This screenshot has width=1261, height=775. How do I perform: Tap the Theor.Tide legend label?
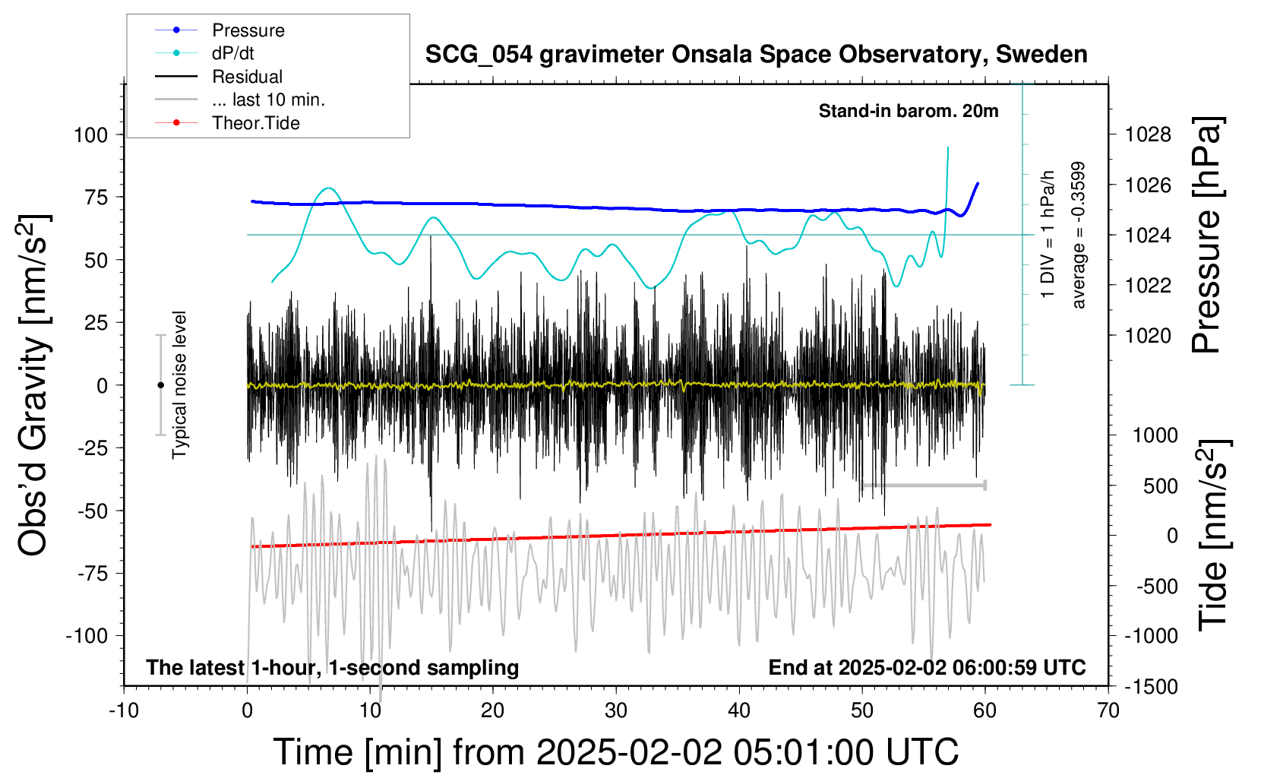[255, 123]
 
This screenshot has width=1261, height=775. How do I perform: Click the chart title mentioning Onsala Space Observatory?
[756, 54]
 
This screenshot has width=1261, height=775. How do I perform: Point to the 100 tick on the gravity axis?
[91, 135]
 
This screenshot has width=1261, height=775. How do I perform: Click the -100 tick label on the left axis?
[87, 636]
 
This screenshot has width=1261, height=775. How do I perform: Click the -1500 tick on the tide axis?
[1151, 687]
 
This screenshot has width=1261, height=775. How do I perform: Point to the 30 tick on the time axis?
[616, 710]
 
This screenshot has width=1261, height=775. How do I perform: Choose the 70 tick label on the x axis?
[1108, 710]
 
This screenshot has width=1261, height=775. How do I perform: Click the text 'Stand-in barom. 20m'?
[909, 111]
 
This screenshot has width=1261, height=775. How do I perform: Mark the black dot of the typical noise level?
[160, 385]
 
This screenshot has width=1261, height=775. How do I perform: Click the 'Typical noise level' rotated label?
[179, 385]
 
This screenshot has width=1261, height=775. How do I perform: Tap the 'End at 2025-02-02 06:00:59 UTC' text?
[928, 667]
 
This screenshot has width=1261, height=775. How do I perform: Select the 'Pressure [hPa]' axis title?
[1207, 235]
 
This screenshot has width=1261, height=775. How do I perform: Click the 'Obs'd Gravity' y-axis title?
[33, 385]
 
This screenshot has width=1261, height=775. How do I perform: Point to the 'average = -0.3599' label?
[1077, 235]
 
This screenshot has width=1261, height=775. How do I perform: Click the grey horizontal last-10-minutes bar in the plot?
[924, 486]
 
